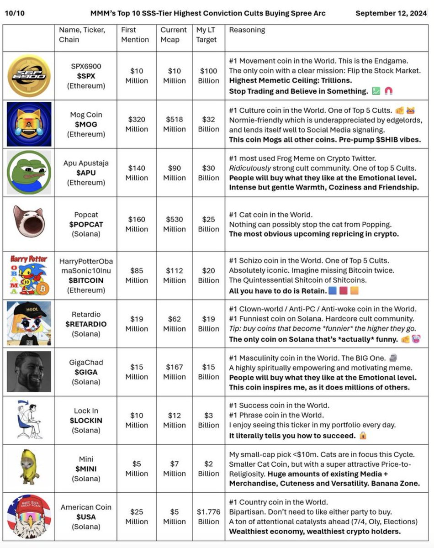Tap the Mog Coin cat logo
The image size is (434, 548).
click(x=29, y=124)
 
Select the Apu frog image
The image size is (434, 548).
click(x=29, y=173)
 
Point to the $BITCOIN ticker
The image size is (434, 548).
click(x=85, y=280)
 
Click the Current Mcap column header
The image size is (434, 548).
click(x=174, y=35)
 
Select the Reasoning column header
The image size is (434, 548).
click(x=247, y=30)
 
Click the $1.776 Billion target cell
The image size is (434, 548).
click(x=209, y=516)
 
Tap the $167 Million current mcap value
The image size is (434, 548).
click(x=174, y=372)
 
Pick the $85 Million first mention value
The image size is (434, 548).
click(x=137, y=275)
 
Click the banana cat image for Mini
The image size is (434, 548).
click(x=28, y=467)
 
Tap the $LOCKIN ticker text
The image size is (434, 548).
click(x=85, y=421)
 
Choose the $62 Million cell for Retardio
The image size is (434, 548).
click(x=174, y=324)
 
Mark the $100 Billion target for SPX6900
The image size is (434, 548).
click(x=209, y=76)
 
